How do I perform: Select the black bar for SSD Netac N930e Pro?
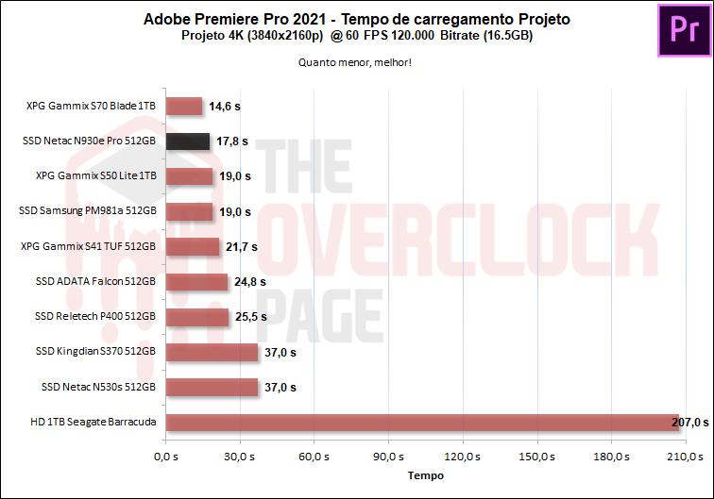coord(187,141)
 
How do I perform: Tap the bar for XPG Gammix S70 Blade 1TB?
coord(183,107)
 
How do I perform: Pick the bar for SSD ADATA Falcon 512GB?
coord(196,281)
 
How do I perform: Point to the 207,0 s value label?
coord(689,422)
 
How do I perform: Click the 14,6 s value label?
coord(226,107)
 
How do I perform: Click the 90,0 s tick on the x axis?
coord(388,457)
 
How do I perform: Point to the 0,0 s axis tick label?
coord(165,457)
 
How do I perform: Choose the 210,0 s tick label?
coord(685,457)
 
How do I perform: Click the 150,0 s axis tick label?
coord(536,457)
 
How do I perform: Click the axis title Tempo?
coord(425,476)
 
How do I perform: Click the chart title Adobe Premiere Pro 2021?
coord(356,19)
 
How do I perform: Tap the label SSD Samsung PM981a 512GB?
coord(87,211)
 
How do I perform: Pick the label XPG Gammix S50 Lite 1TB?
coord(94,176)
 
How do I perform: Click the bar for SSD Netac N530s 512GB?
coord(212,387)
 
